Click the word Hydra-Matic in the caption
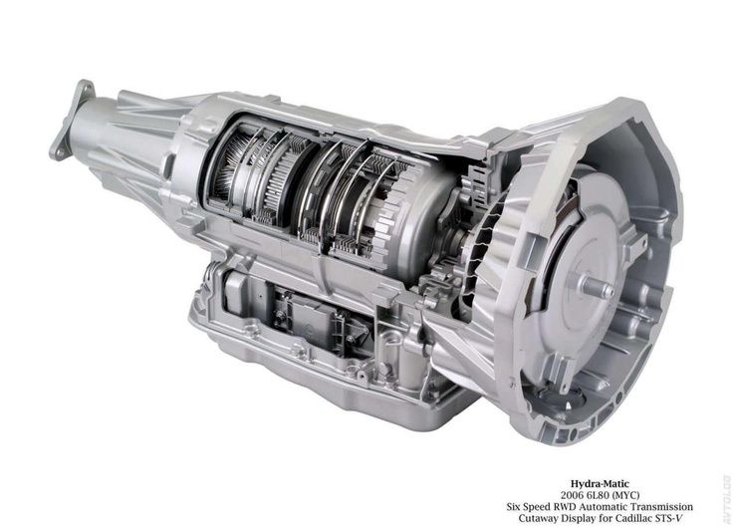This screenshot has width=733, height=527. click(600, 484)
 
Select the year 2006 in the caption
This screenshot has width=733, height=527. click(572, 495)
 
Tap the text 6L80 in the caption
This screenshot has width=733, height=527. click(597, 495)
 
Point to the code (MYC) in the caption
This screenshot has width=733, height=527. click(625, 495)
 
